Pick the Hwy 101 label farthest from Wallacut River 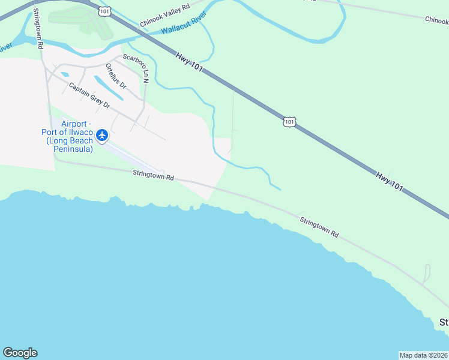pyautogui.click(x=390, y=182)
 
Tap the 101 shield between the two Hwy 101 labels pyautogui.click(x=290, y=122)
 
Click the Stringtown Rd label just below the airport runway pyautogui.click(x=153, y=176)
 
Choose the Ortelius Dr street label pyautogui.click(x=116, y=76)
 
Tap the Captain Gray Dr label pyautogui.click(x=89, y=96)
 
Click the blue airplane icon pyautogui.click(x=102, y=135)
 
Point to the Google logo pyautogui.click(x=20, y=353)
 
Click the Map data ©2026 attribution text pyautogui.click(x=423, y=355)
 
